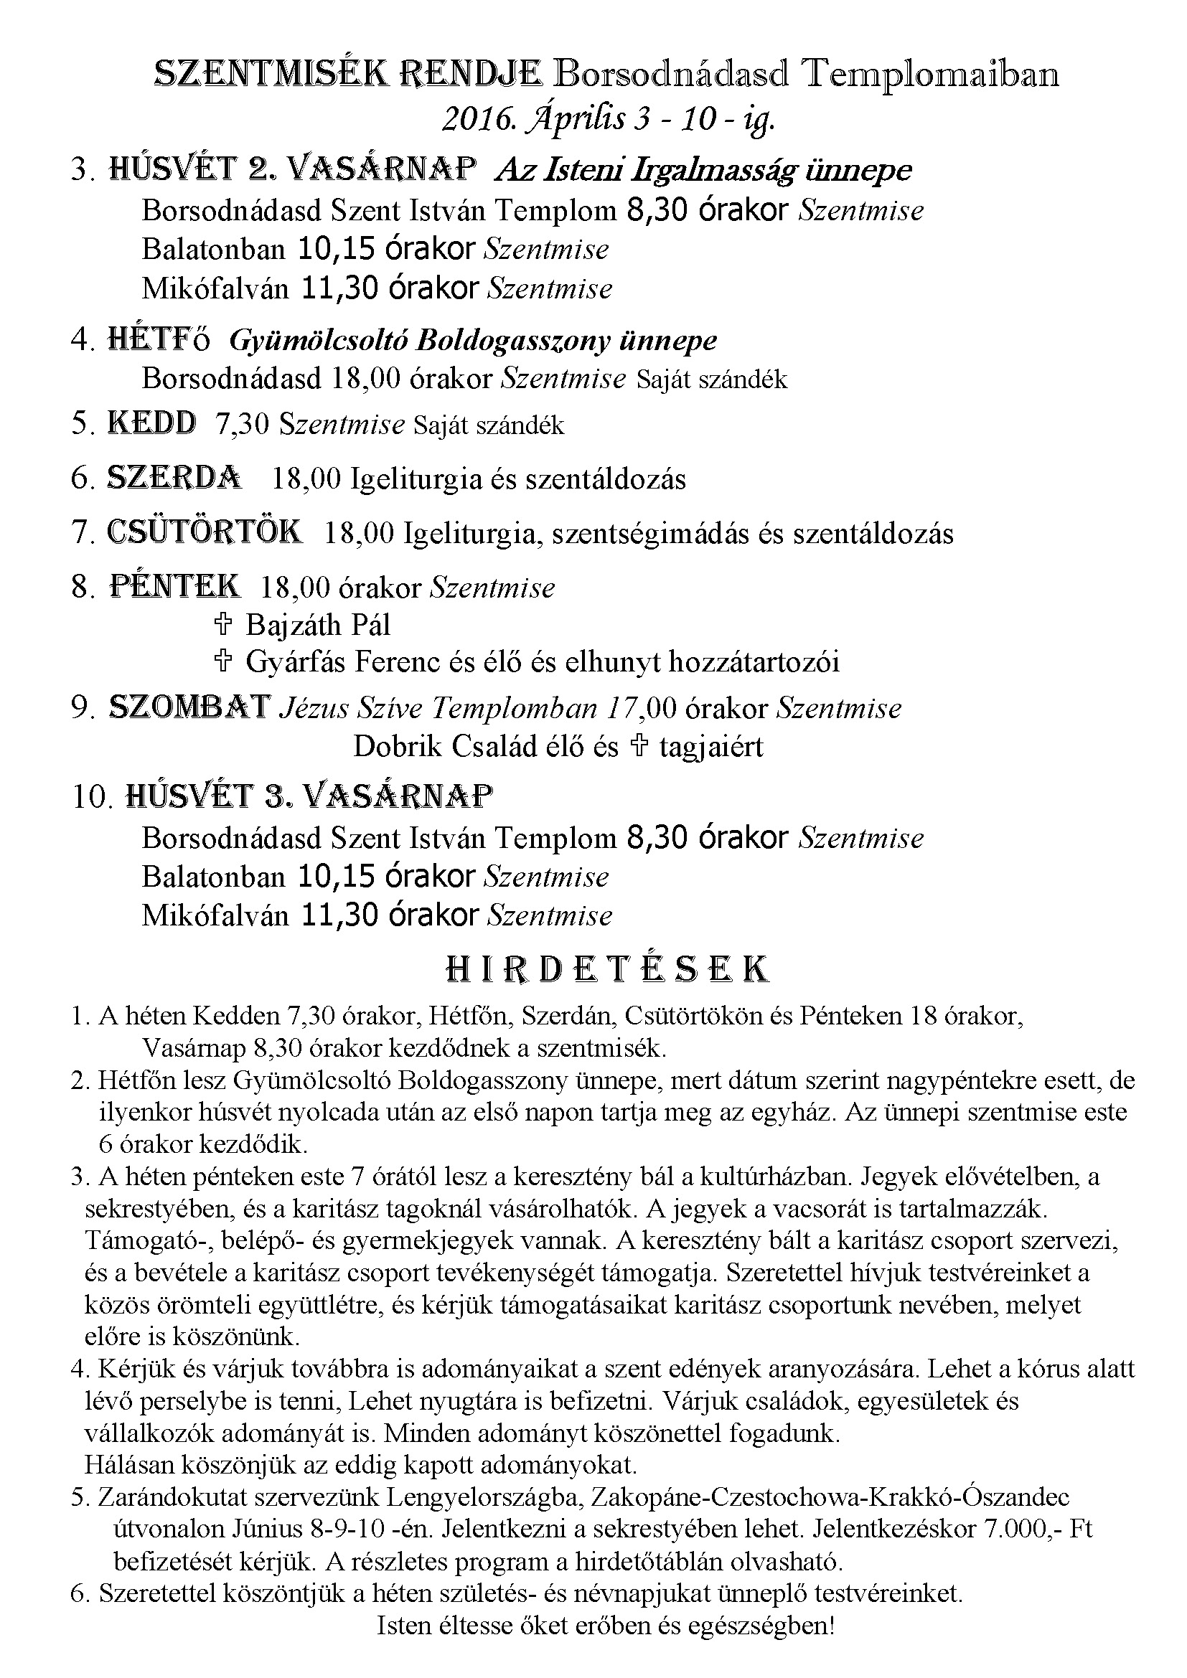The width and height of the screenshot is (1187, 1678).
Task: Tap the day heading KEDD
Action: pos(152,424)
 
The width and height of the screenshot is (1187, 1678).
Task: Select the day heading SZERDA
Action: pos(174,478)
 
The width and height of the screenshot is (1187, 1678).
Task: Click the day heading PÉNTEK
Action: pos(174,586)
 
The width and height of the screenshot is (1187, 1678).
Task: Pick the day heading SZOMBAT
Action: pos(190,708)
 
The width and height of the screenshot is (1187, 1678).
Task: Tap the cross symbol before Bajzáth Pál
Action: pos(223,624)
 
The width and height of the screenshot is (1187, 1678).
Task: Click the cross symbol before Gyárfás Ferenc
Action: pos(223,661)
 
